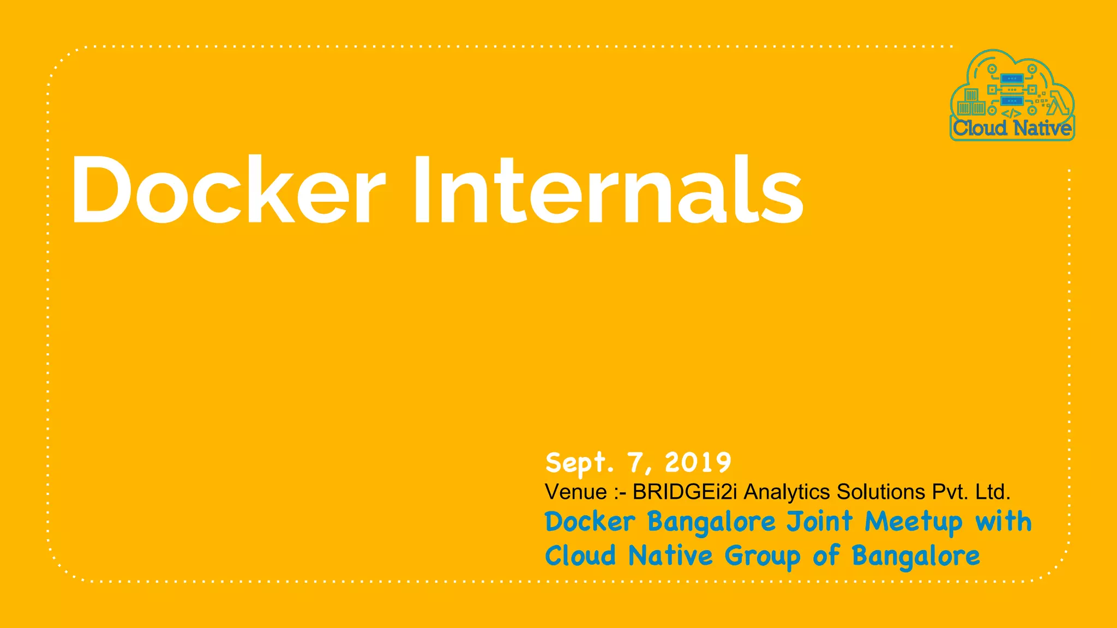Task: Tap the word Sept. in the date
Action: (x=579, y=463)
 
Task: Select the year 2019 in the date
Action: (x=698, y=463)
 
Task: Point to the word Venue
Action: (x=575, y=492)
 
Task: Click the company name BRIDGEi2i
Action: (x=684, y=492)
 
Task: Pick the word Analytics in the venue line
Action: (x=787, y=492)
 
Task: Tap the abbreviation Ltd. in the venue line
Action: (x=993, y=492)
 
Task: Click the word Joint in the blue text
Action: (x=819, y=522)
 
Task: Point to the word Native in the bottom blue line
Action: (x=670, y=557)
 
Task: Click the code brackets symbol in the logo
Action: (x=1011, y=114)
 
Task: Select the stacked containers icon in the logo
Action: (x=971, y=102)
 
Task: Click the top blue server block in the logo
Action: (x=1011, y=79)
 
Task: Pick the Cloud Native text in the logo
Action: (x=1012, y=129)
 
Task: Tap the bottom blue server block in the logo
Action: (x=1011, y=101)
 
